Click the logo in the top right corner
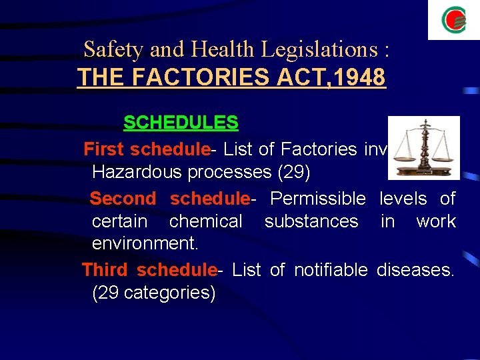point(453,20)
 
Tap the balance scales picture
point(424,148)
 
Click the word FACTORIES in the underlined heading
point(187,78)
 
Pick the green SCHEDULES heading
point(181,123)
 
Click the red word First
point(105,149)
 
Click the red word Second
point(123,199)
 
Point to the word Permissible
point(318,199)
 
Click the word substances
point(311,221)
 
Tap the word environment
point(144,243)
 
